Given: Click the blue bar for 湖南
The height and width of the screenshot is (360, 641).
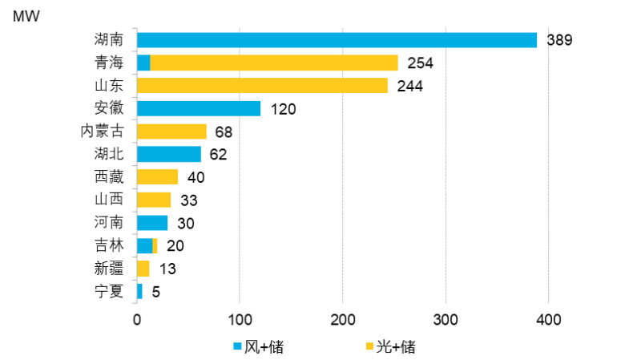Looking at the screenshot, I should [337, 40].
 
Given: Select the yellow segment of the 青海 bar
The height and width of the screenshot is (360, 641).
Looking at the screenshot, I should [274, 63].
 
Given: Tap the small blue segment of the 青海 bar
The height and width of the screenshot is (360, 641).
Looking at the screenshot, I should [143, 63].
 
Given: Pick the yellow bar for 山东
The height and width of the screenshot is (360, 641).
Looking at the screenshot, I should [262, 85].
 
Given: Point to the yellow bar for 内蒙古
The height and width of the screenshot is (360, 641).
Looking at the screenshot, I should [171, 131].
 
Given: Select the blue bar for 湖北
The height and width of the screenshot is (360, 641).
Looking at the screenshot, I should [169, 154].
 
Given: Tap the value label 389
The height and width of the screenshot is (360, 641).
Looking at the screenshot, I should [558, 40].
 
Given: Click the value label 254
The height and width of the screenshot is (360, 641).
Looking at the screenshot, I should [420, 63].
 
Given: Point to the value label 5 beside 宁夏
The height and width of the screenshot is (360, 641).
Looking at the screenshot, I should [155, 292].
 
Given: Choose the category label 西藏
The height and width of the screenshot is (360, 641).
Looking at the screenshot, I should [109, 176].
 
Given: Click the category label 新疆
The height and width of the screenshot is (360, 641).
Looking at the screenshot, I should [109, 269].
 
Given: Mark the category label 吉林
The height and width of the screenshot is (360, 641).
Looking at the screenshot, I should [109, 245].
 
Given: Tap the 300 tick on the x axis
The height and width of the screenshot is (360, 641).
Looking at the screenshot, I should [445, 320].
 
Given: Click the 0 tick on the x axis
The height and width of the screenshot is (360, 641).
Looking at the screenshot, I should [137, 320].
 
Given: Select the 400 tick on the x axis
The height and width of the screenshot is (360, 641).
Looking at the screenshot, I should [548, 320].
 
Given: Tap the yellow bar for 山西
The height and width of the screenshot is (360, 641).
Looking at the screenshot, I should [154, 200].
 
